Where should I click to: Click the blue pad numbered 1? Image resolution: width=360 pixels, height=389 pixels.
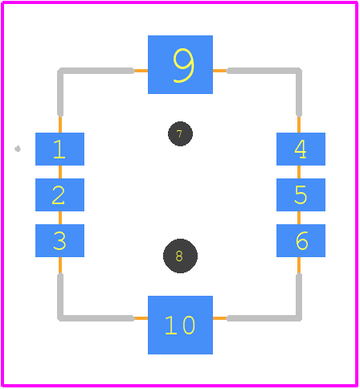tap(59, 149)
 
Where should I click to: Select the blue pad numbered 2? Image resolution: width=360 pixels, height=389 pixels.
tap(59, 194)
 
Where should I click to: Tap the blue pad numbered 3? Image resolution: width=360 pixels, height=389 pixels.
tap(59, 240)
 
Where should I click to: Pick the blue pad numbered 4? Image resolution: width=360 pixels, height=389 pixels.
tap(301, 149)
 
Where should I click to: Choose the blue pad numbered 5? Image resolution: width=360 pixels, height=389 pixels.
tap(301, 194)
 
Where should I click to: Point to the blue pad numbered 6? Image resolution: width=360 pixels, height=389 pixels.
tap(301, 240)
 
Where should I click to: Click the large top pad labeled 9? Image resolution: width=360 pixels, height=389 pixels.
tap(180, 64)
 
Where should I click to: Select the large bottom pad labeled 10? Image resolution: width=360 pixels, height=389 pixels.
tap(180, 325)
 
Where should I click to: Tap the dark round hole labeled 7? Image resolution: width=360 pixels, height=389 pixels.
tap(180, 133)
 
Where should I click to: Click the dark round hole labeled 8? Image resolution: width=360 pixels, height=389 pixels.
tap(180, 256)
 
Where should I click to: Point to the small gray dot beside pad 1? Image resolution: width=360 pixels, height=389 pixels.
tap(18, 149)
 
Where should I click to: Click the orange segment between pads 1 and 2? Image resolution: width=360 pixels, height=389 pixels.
tap(60, 172)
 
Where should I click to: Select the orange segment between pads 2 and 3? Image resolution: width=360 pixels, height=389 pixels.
tap(60, 218)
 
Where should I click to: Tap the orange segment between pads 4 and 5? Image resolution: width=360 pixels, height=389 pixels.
tap(299, 172)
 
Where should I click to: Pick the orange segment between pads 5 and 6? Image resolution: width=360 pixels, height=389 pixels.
tap(299, 218)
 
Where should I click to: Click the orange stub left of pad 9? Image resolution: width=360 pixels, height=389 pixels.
tap(141, 71)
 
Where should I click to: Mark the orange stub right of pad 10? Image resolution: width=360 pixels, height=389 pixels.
tap(220, 318)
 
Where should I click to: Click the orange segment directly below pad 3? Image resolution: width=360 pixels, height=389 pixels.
tap(60, 265)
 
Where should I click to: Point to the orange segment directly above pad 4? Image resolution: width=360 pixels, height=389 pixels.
tap(299, 125)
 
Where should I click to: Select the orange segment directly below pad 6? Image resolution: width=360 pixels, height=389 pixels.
tap(299, 265)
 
